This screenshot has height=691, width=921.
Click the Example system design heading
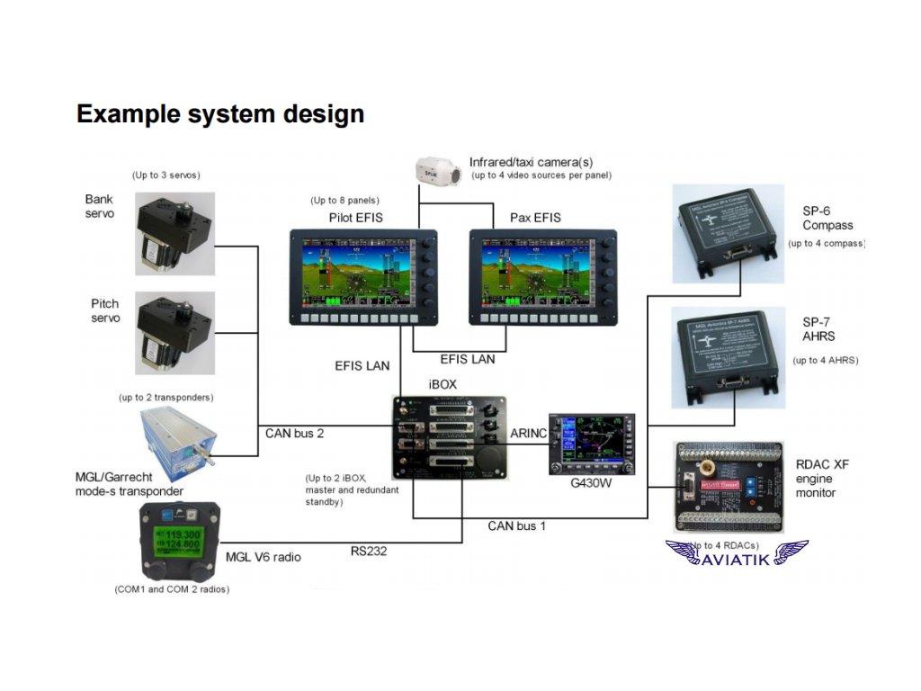point(220,114)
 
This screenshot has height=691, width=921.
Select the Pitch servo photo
point(175,332)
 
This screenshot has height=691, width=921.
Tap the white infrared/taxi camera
point(438,171)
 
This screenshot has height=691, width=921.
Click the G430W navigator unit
point(591,444)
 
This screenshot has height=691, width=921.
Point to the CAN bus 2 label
point(294,433)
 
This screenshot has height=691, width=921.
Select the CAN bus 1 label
point(516,525)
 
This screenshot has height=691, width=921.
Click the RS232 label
point(369,552)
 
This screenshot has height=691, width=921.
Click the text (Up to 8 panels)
point(344,200)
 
